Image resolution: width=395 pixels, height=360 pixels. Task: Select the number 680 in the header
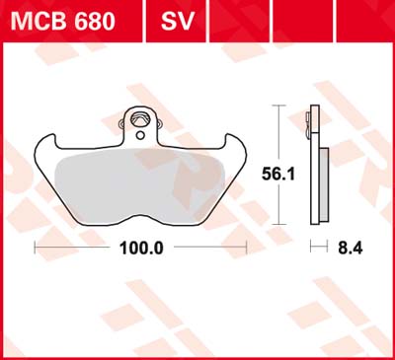[x=95, y=21]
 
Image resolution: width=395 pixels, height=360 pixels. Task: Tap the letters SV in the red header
[x=178, y=21]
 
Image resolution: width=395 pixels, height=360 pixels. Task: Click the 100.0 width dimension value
[x=141, y=248]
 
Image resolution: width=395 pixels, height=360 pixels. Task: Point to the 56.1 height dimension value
[x=278, y=174]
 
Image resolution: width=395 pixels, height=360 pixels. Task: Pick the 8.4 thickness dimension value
[x=351, y=248]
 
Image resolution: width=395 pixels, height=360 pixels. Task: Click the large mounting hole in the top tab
[x=139, y=119]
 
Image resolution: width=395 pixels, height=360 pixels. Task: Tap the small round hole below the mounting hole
[x=140, y=135]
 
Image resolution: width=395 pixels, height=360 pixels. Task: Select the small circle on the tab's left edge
[x=121, y=124]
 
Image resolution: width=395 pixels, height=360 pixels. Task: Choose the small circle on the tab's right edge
[x=160, y=124]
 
